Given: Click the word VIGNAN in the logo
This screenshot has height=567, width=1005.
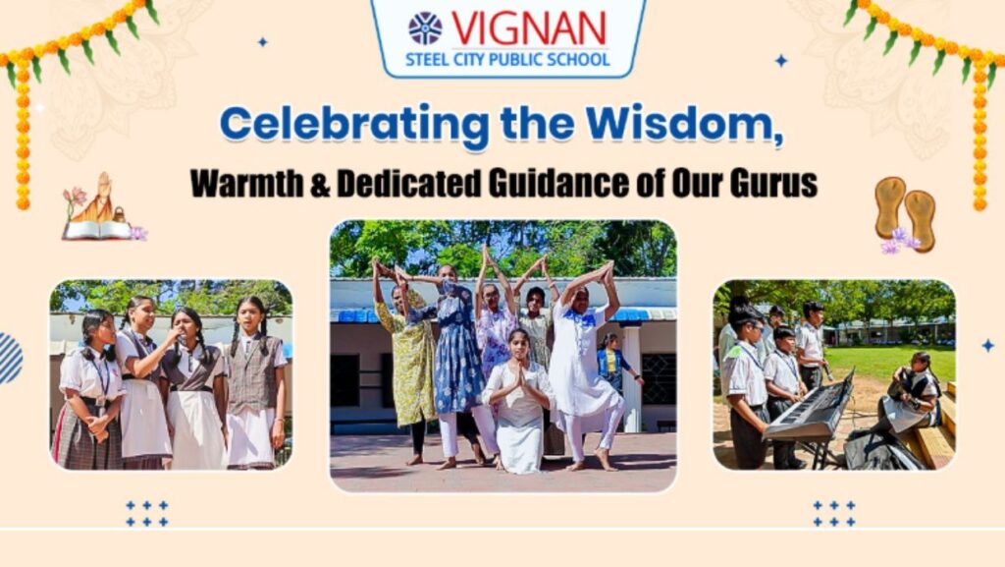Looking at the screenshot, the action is point(529,28).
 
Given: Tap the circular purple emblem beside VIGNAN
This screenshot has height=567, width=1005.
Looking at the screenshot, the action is point(426,28).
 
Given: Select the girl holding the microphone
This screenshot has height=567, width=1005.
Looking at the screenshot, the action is point(189,388).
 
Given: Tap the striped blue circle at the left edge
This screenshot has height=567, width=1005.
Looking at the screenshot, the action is point(10,358).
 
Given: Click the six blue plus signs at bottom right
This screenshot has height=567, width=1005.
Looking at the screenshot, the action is point(834,514).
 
